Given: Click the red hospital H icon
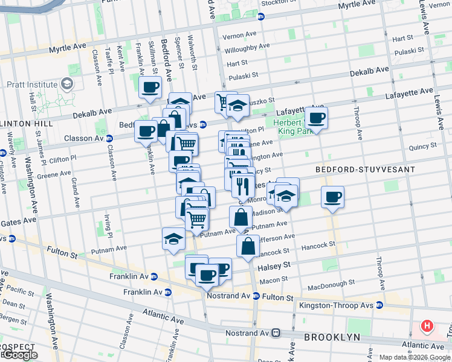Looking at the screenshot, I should (x=427, y=327).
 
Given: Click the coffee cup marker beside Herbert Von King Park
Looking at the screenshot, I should (x=316, y=118).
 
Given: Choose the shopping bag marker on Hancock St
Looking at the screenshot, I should (x=248, y=246).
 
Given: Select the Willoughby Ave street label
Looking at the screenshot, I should (x=246, y=47).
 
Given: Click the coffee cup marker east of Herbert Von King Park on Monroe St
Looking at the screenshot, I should (x=332, y=197).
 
